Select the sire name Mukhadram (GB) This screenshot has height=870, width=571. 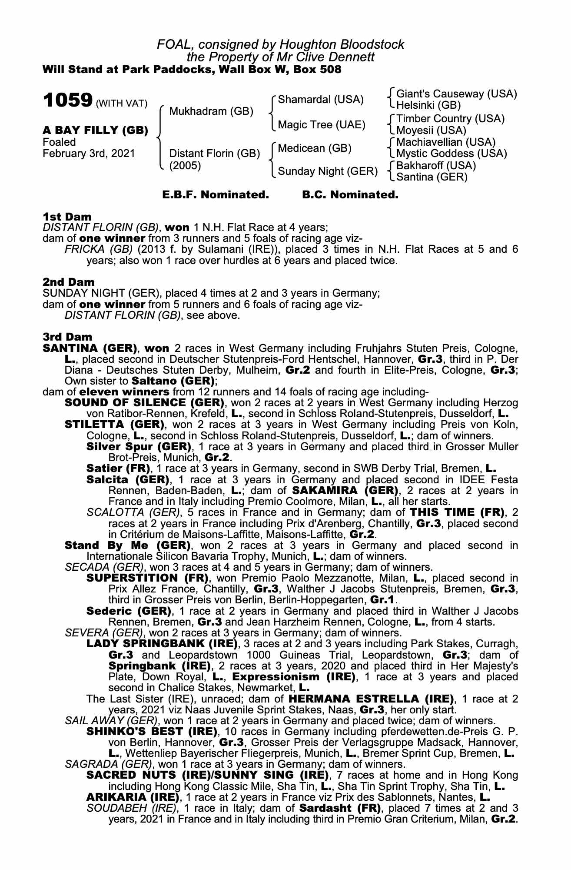[x=211, y=111]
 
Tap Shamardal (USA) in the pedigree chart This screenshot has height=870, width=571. [x=320, y=100]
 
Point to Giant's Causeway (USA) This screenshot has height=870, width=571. [x=457, y=94]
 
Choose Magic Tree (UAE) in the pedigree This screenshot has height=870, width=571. [x=321, y=125]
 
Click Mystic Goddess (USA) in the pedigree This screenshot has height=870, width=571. [x=451, y=154]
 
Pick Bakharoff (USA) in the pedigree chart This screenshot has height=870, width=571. [x=436, y=166]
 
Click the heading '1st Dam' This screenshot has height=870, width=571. [x=67, y=217]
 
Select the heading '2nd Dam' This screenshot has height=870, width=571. [x=69, y=282]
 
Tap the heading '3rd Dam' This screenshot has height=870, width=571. [x=67, y=337]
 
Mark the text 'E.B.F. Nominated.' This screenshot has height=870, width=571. [x=216, y=195]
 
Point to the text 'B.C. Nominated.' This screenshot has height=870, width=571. [x=350, y=195]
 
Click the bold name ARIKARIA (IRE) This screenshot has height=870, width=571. [x=133, y=797]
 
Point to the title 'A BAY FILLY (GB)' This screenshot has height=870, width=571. [x=95, y=130]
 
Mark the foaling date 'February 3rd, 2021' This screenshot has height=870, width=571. [x=89, y=154]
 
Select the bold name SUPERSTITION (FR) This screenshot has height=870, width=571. [x=148, y=578]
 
